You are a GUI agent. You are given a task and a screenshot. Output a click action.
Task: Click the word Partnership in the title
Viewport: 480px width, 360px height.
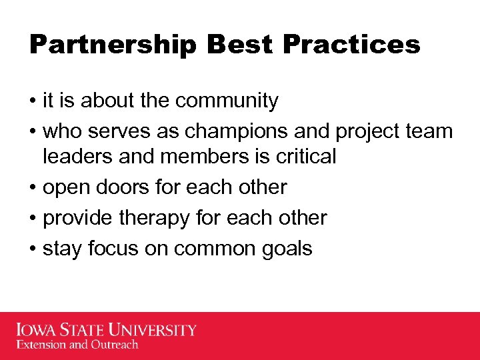click(113, 45)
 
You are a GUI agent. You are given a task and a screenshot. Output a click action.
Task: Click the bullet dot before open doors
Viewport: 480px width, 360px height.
click(33, 188)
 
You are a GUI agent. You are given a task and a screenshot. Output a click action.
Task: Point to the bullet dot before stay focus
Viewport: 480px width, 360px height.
click(33, 249)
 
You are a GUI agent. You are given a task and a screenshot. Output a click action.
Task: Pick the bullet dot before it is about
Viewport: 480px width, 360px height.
click(33, 101)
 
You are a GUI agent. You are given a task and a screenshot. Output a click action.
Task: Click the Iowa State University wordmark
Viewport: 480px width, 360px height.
click(106, 330)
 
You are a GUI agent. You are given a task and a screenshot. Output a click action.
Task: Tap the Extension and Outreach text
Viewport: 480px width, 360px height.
click(77, 345)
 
